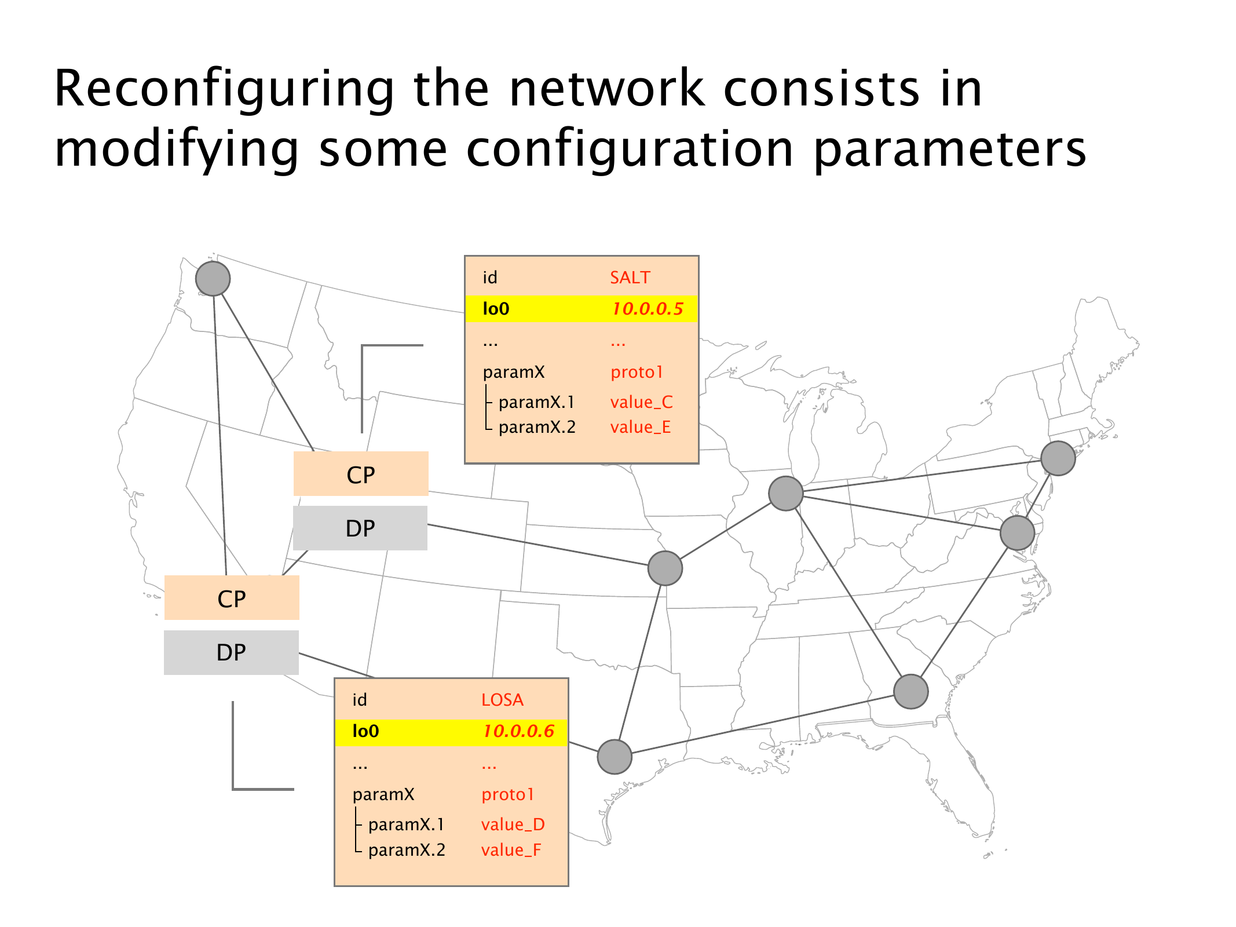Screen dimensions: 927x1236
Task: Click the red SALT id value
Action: click(x=630, y=278)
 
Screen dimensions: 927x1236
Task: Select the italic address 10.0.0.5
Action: click(x=648, y=309)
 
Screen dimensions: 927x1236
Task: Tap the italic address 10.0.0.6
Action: click(x=518, y=731)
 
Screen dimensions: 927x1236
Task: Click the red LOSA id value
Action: click(x=502, y=700)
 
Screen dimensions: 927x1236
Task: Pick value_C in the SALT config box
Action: click(x=641, y=402)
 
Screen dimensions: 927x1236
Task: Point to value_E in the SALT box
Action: click(x=640, y=428)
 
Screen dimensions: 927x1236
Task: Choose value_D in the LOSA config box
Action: click(x=513, y=824)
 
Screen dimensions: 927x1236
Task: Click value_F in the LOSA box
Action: click(x=511, y=850)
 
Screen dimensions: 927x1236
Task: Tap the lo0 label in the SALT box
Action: click(x=496, y=309)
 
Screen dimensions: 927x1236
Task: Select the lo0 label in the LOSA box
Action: click(x=365, y=731)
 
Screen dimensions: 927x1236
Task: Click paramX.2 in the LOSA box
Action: click(x=407, y=850)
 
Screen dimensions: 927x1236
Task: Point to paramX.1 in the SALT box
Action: click(x=536, y=402)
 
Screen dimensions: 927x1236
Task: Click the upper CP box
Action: click(x=361, y=474)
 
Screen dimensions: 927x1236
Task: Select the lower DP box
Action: click(x=231, y=652)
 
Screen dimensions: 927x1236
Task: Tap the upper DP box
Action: click(x=360, y=528)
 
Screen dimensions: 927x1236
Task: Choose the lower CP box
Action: click(x=232, y=598)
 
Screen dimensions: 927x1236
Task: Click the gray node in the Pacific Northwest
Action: click(x=213, y=278)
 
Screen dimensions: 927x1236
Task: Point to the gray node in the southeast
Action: click(x=910, y=691)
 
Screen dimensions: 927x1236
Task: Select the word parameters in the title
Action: click(x=950, y=149)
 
